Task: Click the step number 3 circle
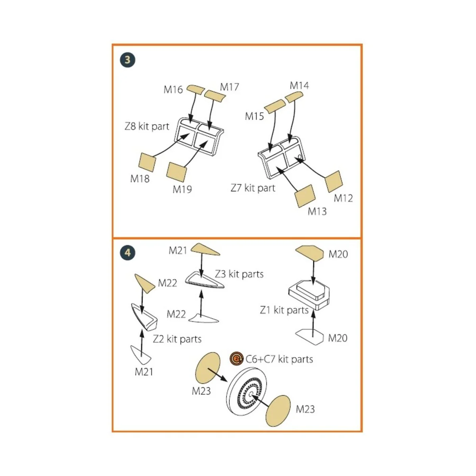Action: coord(127,60)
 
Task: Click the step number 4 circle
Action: coord(127,253)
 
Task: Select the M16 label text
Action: coord(173,90)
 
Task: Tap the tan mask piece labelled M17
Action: coord(215,95)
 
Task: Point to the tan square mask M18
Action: coord(147,162)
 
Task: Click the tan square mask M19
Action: coord(177,171)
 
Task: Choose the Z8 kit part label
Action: coord(147,127)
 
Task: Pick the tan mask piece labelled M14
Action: coord(293,96)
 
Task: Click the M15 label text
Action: coord(254,116)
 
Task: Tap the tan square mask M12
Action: coord(333,181)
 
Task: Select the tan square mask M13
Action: coord(305,196)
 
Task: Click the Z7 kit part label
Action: coord(253,188)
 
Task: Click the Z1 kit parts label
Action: coord(284,310)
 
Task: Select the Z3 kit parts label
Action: coord(239,274)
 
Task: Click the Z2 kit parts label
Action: coord(177,339)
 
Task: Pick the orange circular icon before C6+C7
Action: coord(236,359)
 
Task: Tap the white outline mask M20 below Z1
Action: coord(310,337)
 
